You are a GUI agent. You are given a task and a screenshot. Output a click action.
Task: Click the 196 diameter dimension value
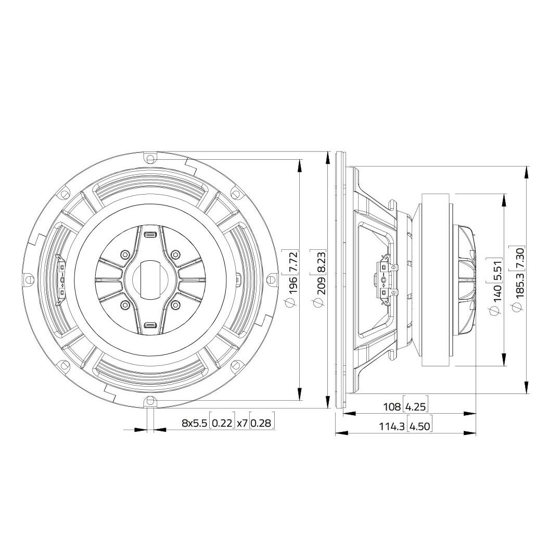[292, 285]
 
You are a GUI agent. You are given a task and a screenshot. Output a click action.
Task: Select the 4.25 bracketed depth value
[416, 406]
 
